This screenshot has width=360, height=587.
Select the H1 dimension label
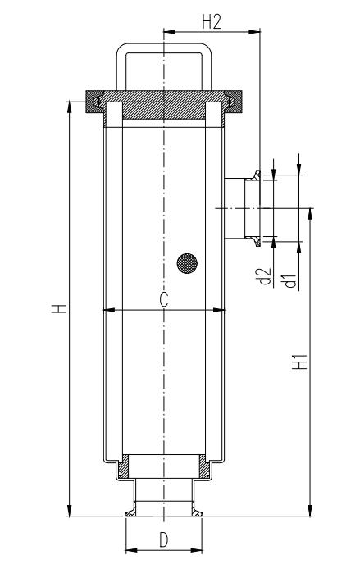[302, 361]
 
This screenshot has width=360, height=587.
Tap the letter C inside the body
[164, 300]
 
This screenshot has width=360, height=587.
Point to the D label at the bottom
[164, 540]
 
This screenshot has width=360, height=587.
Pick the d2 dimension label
[264, 277]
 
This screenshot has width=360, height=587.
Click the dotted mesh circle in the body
[188, 263]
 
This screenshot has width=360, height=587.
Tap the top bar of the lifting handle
[163, 44]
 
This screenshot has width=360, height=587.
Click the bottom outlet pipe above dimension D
[163, 496]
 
